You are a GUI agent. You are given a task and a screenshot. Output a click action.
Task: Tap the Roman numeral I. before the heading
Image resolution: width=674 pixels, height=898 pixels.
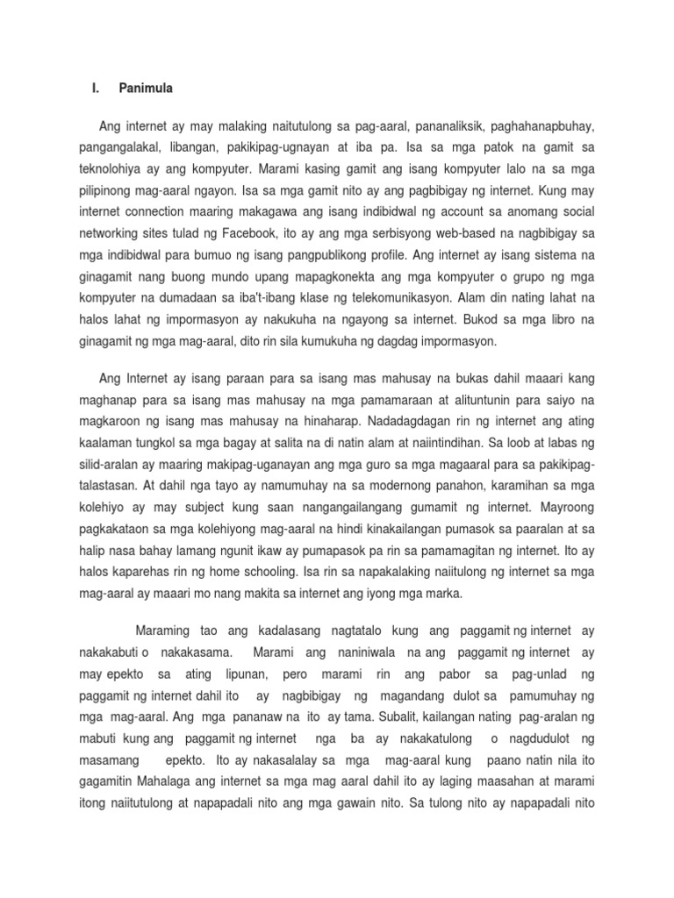95,89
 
